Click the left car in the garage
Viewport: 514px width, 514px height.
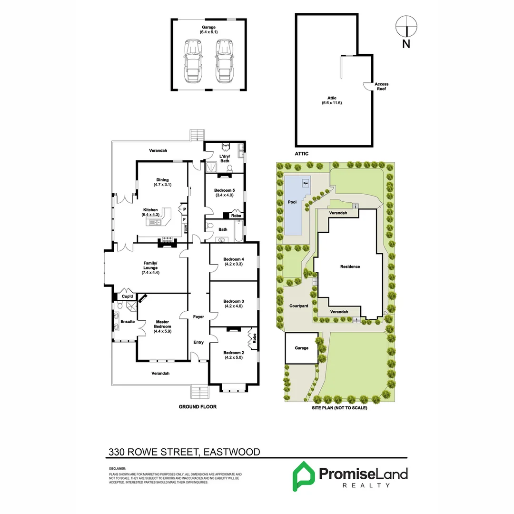(193, 61)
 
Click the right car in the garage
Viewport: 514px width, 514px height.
(223, 61)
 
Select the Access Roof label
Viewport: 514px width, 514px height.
(381, 86)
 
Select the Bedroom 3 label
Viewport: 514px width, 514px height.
(233, 304)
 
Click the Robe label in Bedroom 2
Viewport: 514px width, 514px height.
(255, 338)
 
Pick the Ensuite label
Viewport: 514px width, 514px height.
(128, 321)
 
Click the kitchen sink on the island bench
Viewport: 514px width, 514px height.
(156, 222)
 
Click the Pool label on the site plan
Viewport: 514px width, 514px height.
(292, 202)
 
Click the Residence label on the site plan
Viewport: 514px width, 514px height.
(350, 267)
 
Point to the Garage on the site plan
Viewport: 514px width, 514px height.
(301, 348)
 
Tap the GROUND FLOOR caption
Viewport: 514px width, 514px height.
(198, 407)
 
